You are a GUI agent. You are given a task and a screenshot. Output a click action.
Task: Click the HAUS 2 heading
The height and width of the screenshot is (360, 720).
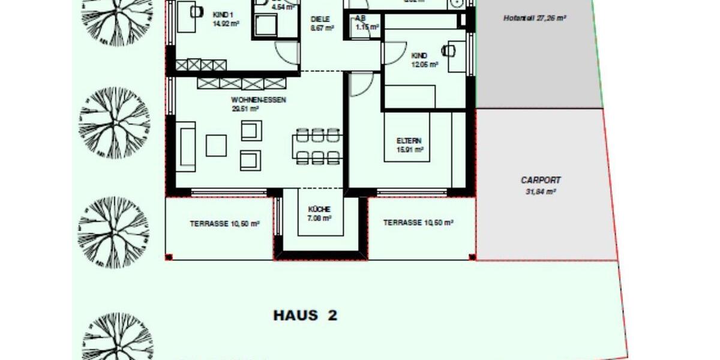click(305, 316)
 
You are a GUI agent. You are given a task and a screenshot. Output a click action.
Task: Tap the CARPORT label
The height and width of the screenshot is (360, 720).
click(541, 180)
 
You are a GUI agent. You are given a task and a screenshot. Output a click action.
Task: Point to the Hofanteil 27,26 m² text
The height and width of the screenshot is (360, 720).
click(535, 19)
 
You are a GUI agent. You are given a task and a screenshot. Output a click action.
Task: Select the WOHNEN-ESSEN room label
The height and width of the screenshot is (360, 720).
click(258, 100)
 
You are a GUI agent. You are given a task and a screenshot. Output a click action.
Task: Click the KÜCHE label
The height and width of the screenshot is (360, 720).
click(319, 209)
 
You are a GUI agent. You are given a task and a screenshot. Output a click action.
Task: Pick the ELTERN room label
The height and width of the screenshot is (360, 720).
click(410, 141)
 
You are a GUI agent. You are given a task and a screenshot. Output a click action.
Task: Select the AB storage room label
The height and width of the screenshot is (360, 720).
click(361, 18)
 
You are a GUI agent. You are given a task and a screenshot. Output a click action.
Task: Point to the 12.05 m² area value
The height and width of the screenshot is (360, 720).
click(424, 65)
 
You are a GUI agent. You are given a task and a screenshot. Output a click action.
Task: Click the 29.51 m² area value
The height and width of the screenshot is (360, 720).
click(244, 109)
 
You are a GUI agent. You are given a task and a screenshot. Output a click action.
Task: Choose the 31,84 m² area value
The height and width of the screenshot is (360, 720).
click(541, 192)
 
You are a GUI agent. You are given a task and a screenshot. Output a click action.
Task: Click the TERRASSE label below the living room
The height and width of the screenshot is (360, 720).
click(224, 223)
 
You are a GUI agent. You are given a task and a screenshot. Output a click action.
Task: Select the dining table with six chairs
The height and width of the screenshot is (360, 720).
click(318, 146)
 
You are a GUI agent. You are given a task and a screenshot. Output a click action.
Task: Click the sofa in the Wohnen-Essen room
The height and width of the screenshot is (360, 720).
click(185, 146)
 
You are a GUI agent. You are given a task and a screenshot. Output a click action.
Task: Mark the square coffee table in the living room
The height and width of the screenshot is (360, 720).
click(216, 145)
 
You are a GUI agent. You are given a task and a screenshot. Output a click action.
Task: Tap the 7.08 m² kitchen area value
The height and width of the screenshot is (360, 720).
click(319, 218)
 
